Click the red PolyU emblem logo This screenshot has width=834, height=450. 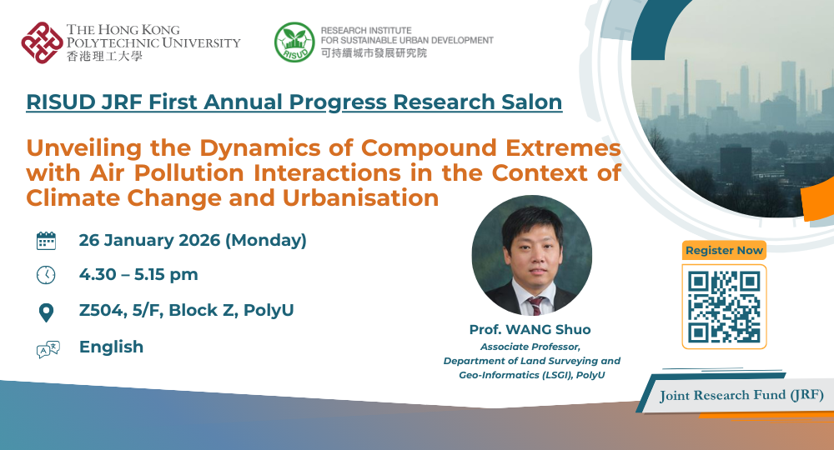42,42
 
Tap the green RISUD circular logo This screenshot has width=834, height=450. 294,42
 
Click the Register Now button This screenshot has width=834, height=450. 724,250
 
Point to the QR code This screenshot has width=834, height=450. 724,306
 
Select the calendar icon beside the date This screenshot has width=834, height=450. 47,242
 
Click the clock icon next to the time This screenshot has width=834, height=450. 47,275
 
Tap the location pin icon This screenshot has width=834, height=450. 47,312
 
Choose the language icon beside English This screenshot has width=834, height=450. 48,349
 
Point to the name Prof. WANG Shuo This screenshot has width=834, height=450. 530,330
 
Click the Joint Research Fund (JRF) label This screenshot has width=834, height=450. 741,395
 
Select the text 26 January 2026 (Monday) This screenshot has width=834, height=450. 193,241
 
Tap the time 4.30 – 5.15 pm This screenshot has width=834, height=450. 138,275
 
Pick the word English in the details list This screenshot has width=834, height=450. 111,347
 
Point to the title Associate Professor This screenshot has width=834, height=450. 530,346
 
